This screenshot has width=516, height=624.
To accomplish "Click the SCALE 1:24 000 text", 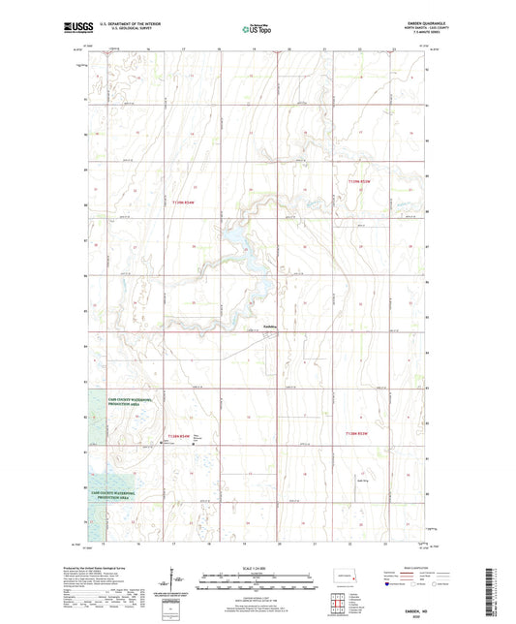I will pyautogui.click(x=258, y=567).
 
